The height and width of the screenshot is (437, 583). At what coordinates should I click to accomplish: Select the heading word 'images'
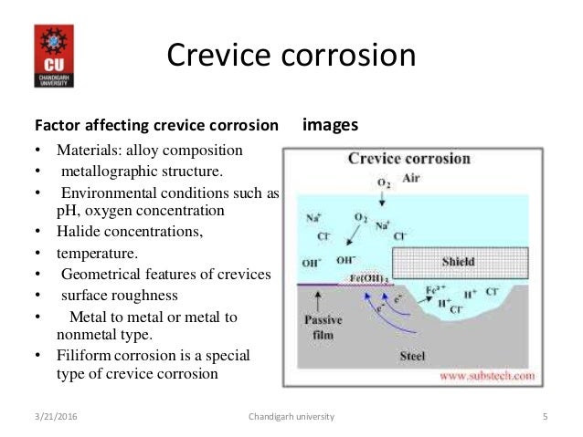[329, 124]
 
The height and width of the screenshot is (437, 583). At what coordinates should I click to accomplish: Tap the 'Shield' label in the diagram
[458, 262]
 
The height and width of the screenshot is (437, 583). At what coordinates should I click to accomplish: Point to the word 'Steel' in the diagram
[413, 356]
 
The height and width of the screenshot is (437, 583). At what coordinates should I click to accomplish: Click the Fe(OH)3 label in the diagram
[366, 277]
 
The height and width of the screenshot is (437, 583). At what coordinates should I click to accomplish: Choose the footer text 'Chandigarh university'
[291, 417]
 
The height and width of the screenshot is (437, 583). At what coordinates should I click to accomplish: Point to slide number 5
[545, 417]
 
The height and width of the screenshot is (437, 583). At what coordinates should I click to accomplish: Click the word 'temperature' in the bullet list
[98, 252]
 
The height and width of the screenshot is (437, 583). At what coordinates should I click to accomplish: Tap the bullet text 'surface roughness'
[119, 296]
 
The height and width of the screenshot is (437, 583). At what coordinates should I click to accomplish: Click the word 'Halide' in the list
[77, 232]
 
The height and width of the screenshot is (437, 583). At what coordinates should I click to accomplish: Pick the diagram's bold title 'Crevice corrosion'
[409, 159]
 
